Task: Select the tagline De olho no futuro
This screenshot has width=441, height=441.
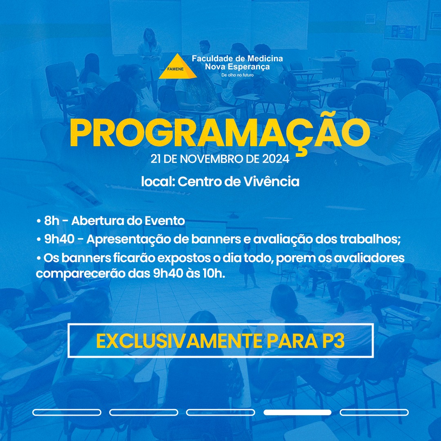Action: tap(237, 75)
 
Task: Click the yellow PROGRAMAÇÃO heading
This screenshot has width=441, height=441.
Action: tap(220, 134)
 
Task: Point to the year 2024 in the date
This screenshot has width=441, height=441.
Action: tap(276, 159)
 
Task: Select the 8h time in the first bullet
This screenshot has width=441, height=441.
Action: tap(52, 221)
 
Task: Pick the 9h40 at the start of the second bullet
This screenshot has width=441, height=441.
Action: tap(59, 239)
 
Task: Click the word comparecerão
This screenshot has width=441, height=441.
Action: tap(80, 274)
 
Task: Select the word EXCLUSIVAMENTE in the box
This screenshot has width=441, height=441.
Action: tap(179, 341)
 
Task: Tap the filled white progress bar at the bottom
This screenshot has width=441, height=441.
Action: tap(297, 412)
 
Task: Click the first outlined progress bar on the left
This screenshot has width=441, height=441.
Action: tap(67, 412)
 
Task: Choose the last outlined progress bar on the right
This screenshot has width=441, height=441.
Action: tap(374, 412)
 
